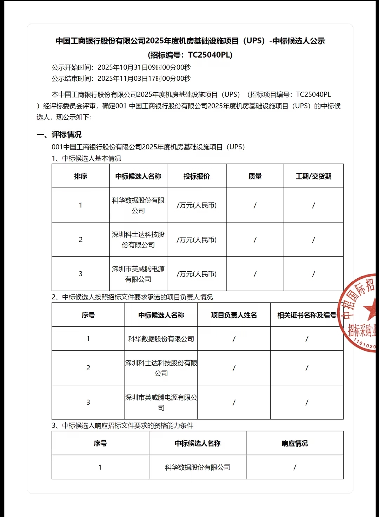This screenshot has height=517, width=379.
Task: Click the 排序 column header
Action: click(x=80, y=176)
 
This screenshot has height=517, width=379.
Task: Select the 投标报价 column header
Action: click(x=197, y=176)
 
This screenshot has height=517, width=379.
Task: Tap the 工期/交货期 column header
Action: click(x=313, y=176)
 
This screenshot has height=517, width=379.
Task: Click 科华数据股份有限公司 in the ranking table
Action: click(x=138, y=205)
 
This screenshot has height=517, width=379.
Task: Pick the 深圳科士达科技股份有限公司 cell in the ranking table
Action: click(x=138, y=240)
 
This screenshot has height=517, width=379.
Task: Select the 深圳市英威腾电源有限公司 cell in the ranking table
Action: click(x=138, y=274)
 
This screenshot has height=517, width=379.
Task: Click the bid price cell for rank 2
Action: click(x=197, y=240)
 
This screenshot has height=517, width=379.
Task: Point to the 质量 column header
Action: click(x=255, y=176)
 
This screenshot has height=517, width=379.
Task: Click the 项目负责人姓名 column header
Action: click(x=234, y=315)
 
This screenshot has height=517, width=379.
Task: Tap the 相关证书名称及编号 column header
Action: click(x=307, y=315)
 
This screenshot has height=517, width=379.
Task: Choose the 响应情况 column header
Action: click(x=295, y=443)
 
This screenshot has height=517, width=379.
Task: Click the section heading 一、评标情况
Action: click(x=59, y=135)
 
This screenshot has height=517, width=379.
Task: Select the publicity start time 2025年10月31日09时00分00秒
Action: click(x=144, y=67)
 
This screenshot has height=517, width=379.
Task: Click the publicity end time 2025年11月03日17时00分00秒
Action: click(x=144, y=79)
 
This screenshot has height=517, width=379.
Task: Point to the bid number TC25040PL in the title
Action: click(x=209, y=55)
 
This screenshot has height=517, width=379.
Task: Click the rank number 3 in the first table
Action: click(x=80, y=274)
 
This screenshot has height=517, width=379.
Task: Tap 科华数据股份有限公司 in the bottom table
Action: click(x=198, y=467)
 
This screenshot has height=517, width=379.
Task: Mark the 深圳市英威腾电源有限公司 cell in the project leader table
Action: click(x=161, y=402)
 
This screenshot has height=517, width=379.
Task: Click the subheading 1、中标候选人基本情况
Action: click(x=86, y=158)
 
